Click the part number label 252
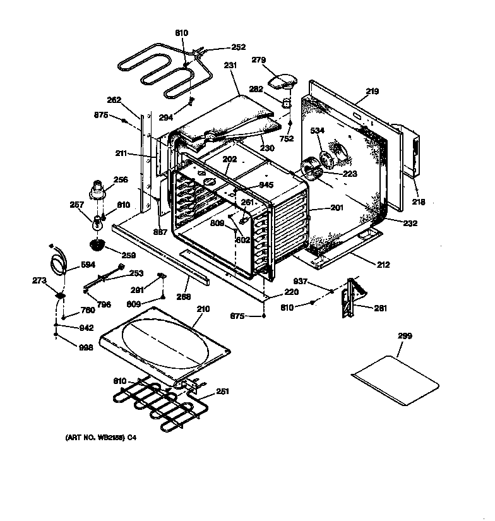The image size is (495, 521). pyautogui.click(x=239, y=47)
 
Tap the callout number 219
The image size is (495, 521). pyautogui.click(x=372, y=92)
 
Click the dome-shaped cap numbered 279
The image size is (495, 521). pyautogui.click(x=282, y=81)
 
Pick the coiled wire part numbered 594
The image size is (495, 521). pyautogui.click(x=57, y=260)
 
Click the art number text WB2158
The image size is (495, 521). pyautogui.click(x=98, y=437)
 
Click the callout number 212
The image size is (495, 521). pyautogui.click(x=383, y=264)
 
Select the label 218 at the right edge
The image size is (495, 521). pyautogui.click(x=418, y=202)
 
